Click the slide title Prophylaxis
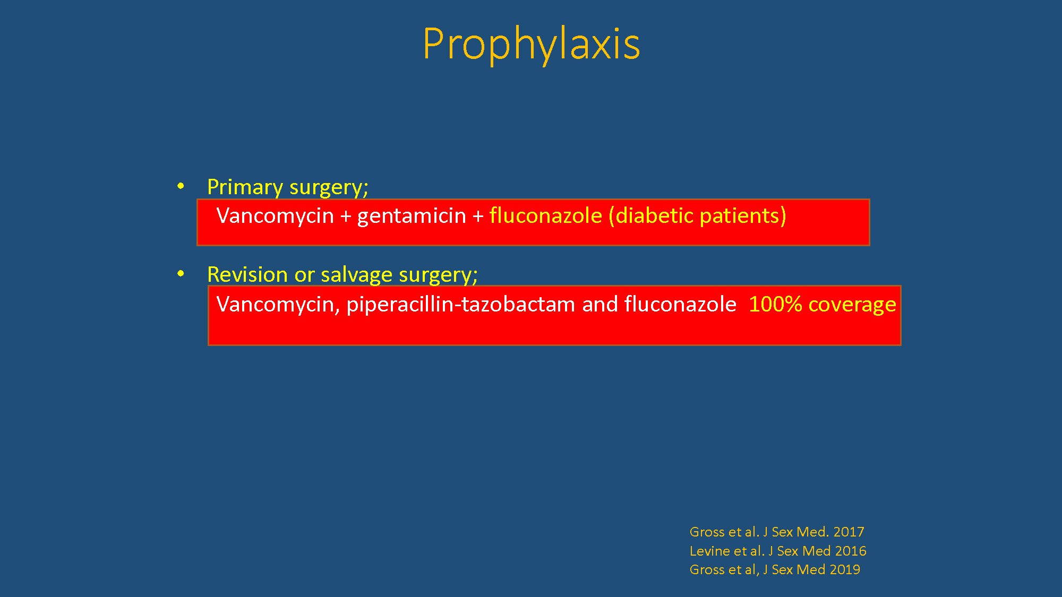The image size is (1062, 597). [x=532, y=44]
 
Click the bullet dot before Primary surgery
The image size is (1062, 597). [x=181, y=186]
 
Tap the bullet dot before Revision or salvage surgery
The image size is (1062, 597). [x=181, y=273]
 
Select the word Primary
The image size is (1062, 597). [x=245, y=187]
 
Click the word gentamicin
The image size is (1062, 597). [x=412, y=215]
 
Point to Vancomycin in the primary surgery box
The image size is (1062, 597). [x=275, y=216]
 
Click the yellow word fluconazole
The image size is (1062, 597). [x=546, y=215]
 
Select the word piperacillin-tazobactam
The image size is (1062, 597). [x=461, y=305]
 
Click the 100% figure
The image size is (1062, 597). [x=775, y=305]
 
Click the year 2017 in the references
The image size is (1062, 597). [x=849, y=532]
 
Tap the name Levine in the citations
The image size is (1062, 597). [x=709, y=551]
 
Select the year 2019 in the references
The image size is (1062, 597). [x=845, y=569]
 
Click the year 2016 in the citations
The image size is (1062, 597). [x=851, y=551]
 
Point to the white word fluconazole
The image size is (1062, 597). [x=680, y=304]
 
